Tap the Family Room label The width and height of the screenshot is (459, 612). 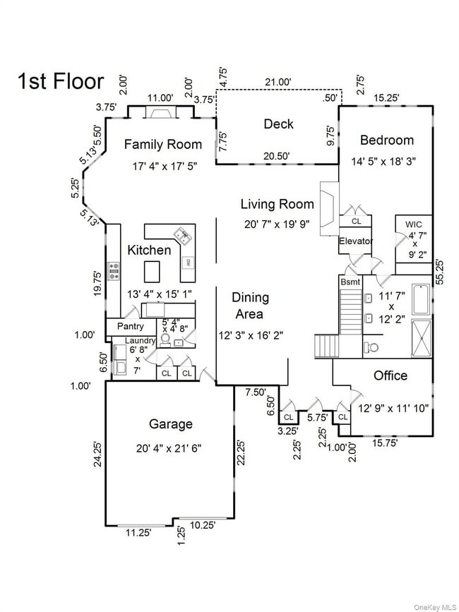pyautogui.click(x=163, y=145)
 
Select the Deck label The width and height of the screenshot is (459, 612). pyautogui.click(x=278, y=124)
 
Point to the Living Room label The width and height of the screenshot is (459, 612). pyautogui.click(x=277, y=205)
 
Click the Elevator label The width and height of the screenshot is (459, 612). pyautogui.click(x=355, y=241)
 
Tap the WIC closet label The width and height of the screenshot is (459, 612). pyautogui.click(x=413, y=224)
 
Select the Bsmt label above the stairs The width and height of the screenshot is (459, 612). pyautogui.click(x=351, y=282)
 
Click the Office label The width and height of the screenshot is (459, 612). pyautogui.click(x=391, y=376)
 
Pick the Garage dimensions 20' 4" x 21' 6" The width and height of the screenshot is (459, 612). pyautogui.click(x=170, y=448)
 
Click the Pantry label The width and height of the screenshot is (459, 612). pyautogui.click(x=130, y=327)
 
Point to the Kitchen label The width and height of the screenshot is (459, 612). pyautogui.click(x=149, y=250)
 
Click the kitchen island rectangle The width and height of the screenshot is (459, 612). pyautogui.click(x=152, y=271)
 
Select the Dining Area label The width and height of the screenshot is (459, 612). pyautogui.click(x=251, y=306)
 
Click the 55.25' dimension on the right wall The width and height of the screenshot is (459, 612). pyautogui.click(x=440, y=271)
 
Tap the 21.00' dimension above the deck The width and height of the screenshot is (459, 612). pyautogui.click(x=278, y=82)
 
